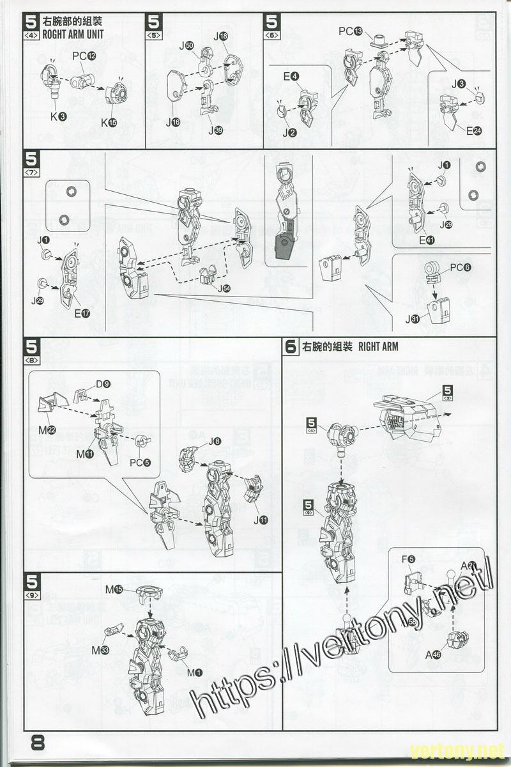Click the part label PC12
[x=84, y=56]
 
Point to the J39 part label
[x=215, y=130]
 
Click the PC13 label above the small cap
[x=350, y=31]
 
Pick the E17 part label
[x=82, y=313]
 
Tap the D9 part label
[x=103, y=384]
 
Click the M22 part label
[x=47, y=430]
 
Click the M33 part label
[x=100, y=650]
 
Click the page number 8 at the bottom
[x=38, y=745]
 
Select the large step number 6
[x=291, y=347]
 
